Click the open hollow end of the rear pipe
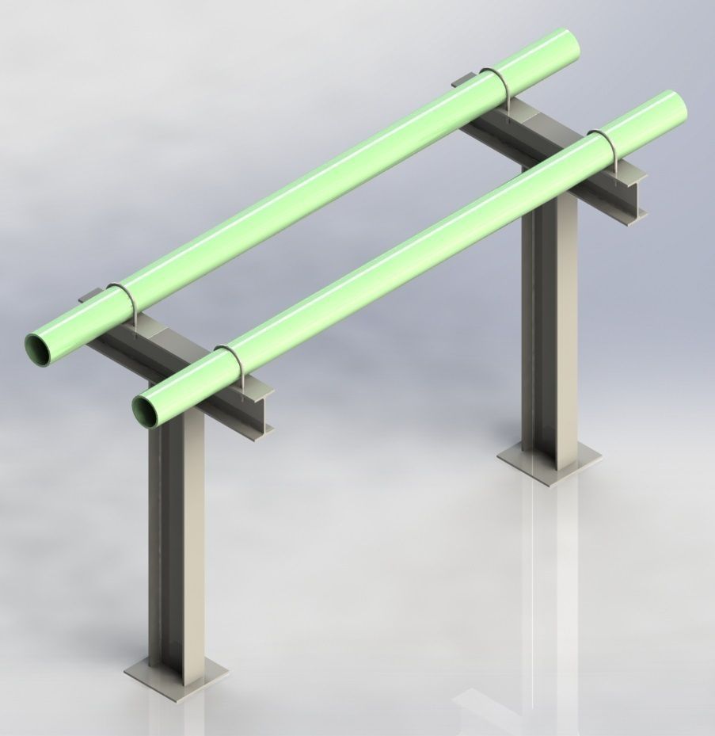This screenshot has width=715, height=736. click(39, 347)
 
